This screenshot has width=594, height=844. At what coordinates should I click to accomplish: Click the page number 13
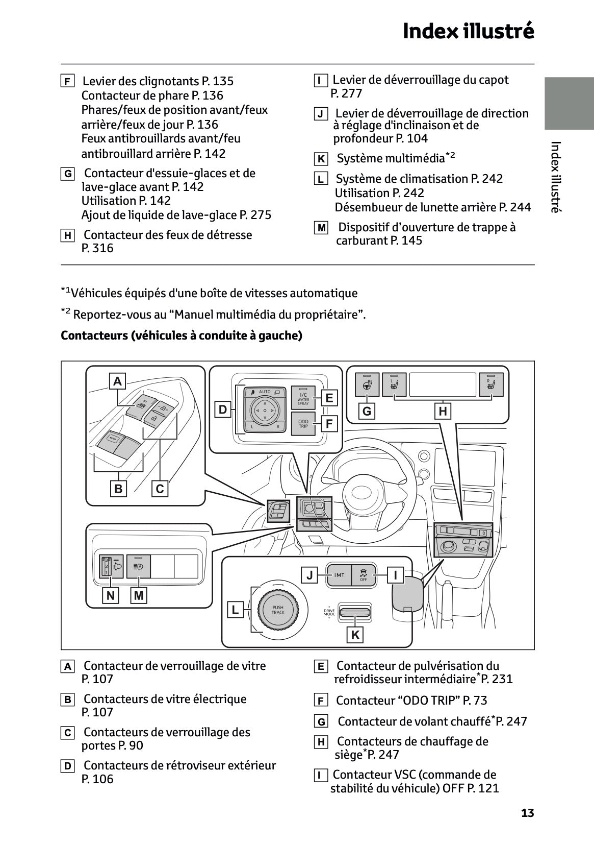pyautogui.click(x=527, y=813)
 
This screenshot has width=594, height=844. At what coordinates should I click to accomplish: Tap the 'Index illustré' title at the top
pyautogui.click(x=468, y=32)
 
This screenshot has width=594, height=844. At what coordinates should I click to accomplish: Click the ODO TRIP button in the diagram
pyautogui.click(x=303, y=423)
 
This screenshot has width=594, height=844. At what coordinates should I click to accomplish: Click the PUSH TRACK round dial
pyautogui.click(x=278, y=610)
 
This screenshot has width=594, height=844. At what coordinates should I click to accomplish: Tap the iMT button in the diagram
pyautogui.click(x=339, y=575)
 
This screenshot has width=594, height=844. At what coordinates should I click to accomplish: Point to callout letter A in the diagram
pyautogui.click(x=118, y=381)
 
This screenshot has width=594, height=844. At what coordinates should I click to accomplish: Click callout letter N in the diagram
pyautogui.click(x=110, y=595)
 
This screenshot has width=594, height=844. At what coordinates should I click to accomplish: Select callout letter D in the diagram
pyautogui.click(x=223, y=409)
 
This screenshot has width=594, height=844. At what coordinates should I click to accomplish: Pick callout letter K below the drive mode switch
pyautogui.click(x=355, y=635)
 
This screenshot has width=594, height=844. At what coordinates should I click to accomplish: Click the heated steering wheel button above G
pyautogui.click(x=367, y=384)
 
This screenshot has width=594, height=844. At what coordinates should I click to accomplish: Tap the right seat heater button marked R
pyautogui.click(x=492, y=384)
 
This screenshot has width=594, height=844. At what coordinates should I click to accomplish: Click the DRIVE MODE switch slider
pyautogui.click(x=355, y=611)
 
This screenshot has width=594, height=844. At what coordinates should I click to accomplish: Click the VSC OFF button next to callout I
pyautogui.click(x=364, y=575)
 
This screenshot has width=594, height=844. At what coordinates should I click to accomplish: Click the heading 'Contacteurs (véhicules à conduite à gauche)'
pyautogui.click(x=182, y=335)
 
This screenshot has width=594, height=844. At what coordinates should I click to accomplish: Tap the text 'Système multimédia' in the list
pyautogui.click(x=391, y=159)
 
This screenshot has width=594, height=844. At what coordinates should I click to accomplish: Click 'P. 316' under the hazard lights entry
pyautogui.click(x=97, y=248)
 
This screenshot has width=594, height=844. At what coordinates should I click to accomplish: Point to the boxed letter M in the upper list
pyautogui.click(x=321, y=228)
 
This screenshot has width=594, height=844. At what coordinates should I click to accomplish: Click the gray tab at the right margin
pyautogui.click(x=569, y=103)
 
